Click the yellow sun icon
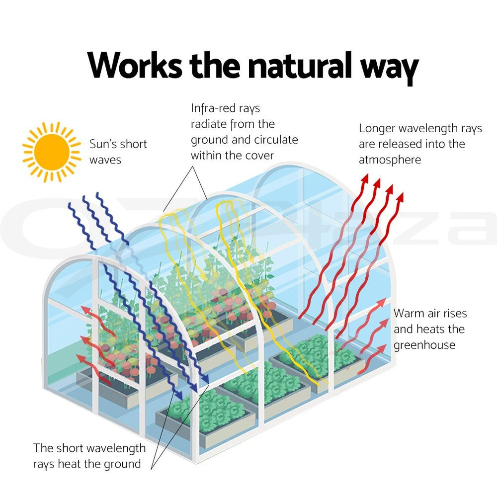click(52, 152)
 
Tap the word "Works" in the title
click(134, 65)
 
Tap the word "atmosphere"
click(390, 160)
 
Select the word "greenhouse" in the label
click(424, 345)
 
